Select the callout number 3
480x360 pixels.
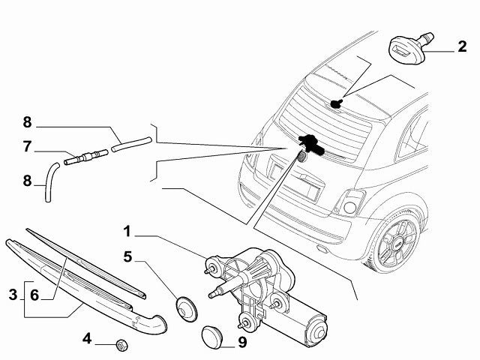[x=12, y=295]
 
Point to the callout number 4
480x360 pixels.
[x=88, y=338]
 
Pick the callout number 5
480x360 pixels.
[x=128, y=256]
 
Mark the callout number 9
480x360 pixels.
[x=242, y=344]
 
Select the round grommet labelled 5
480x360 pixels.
[x=183, y=307]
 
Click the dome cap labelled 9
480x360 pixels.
[x=214, y=336]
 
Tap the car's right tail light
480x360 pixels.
[x=349, y=202]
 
